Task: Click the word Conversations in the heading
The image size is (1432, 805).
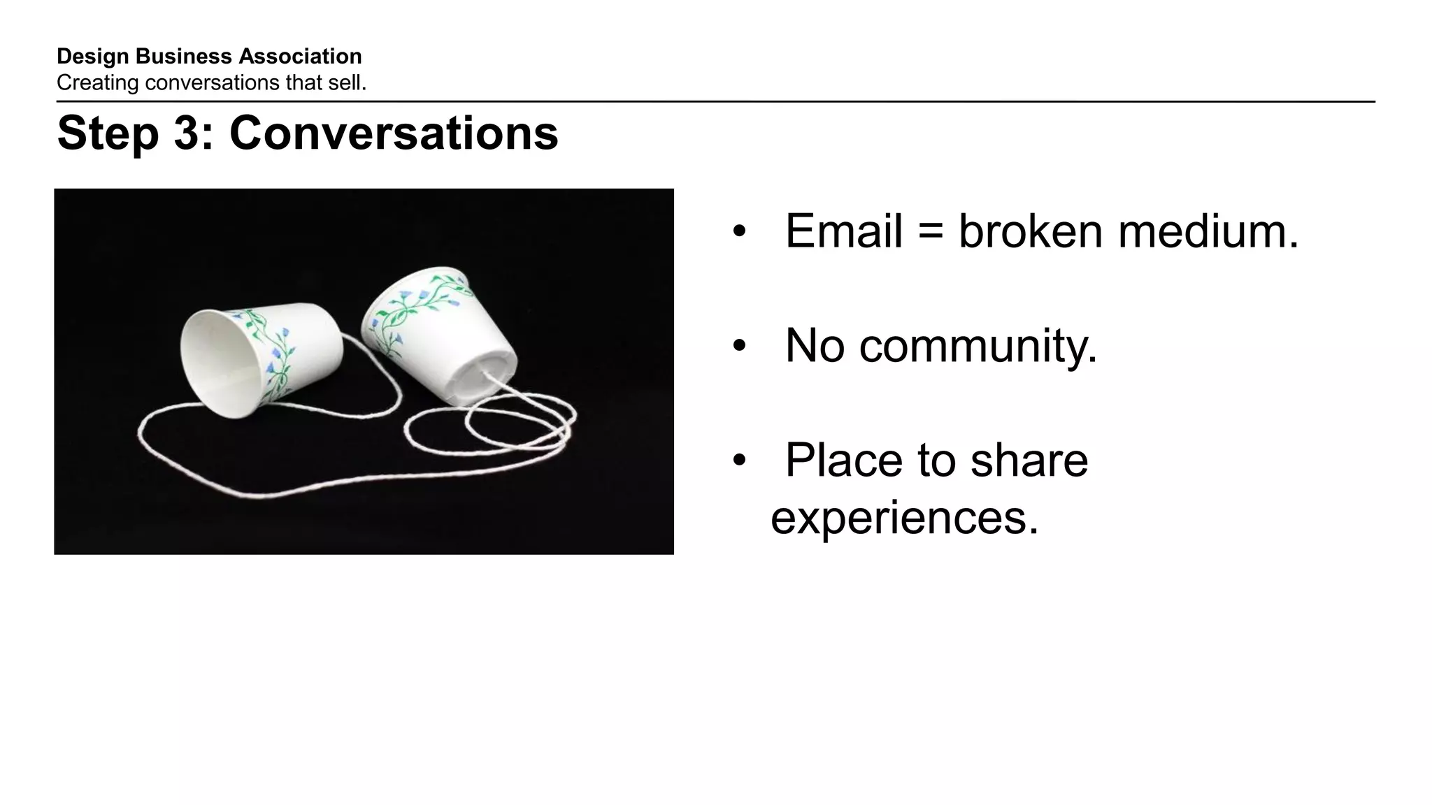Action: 394,133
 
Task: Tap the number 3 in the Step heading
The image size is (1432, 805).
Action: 187,133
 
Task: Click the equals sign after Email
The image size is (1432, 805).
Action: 930,232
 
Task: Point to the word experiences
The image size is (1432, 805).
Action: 904,518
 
